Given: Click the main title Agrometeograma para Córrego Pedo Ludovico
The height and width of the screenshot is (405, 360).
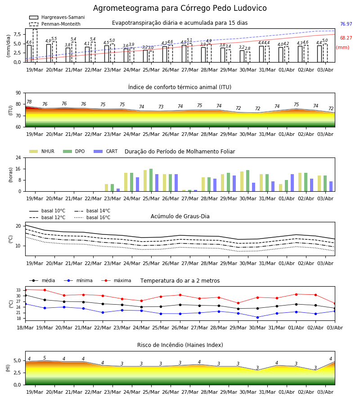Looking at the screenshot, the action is [x=180, y=8].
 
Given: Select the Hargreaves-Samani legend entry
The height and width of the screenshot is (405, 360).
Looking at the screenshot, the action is [x=57, y=17].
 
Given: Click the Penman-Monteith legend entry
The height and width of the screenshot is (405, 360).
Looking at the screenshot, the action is [x=55, y=24].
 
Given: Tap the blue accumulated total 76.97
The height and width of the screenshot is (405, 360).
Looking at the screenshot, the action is [x=346, y=24].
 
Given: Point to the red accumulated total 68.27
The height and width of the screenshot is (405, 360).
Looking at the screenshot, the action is [x=346, y=38].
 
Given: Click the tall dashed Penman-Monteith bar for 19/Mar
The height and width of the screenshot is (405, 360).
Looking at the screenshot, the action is [x=35, y=46].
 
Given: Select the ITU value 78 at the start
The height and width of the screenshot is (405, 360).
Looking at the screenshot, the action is [x=29, y=102].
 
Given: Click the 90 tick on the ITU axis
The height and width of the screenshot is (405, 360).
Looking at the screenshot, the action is [x=18, y=93].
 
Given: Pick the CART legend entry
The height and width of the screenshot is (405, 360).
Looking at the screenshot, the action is [x=106, y=151].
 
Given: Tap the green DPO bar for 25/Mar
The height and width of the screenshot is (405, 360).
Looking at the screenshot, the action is [x=151, y=180].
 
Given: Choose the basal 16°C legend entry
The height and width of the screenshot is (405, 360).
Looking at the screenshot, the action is [x=92, y=217].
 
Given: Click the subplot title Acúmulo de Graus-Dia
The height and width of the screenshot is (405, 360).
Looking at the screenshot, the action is [x=180, y=216].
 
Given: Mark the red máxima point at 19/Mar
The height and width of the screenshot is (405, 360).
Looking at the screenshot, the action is [x=45, y=290].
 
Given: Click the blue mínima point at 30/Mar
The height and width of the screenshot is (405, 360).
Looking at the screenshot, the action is [x=257, y=317].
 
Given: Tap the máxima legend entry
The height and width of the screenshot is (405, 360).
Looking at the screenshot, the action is [x=116, y=280].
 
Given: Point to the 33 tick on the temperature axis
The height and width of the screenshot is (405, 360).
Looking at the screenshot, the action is [x=18, y=290].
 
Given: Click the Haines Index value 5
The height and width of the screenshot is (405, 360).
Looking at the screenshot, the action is [x=45, y=358].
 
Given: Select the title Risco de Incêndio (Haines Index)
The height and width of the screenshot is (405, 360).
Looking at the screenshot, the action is [x=180, y=345].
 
